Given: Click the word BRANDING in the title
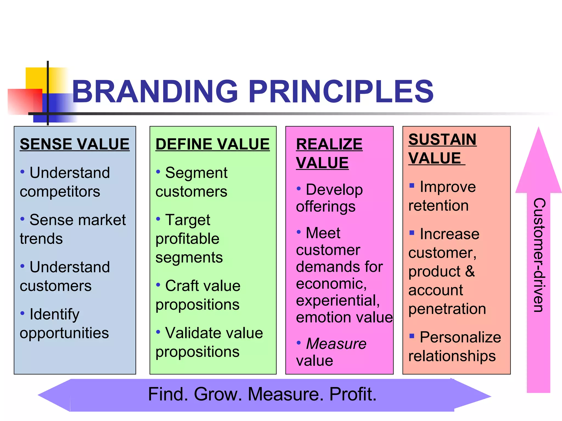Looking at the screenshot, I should tap(155, 92).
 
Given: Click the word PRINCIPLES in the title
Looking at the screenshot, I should tap(341, 92).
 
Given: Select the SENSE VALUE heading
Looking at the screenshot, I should tap(75, 144).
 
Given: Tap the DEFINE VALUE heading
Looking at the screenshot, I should tap(213, 144).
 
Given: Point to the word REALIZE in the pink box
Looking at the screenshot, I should tap(329, 144).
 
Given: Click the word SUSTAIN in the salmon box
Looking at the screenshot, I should tap(442, 140).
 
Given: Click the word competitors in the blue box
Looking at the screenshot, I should tap(60, 191).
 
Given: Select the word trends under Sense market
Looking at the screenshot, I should tap(41, 238).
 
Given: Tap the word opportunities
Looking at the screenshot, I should tap(64, 333).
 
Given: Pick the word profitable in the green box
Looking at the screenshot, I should tap(187, 238).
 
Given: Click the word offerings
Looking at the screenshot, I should tap(326, 206).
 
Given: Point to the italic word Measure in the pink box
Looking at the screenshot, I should tap(336, 343).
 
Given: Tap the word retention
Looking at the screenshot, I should tap(439, 206).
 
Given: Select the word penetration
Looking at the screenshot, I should tap(447, 309).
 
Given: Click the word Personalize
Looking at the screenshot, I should tap(460, 337).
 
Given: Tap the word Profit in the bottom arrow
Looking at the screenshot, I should tap(353, 394).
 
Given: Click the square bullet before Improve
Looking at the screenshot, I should tap(412, 186).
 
